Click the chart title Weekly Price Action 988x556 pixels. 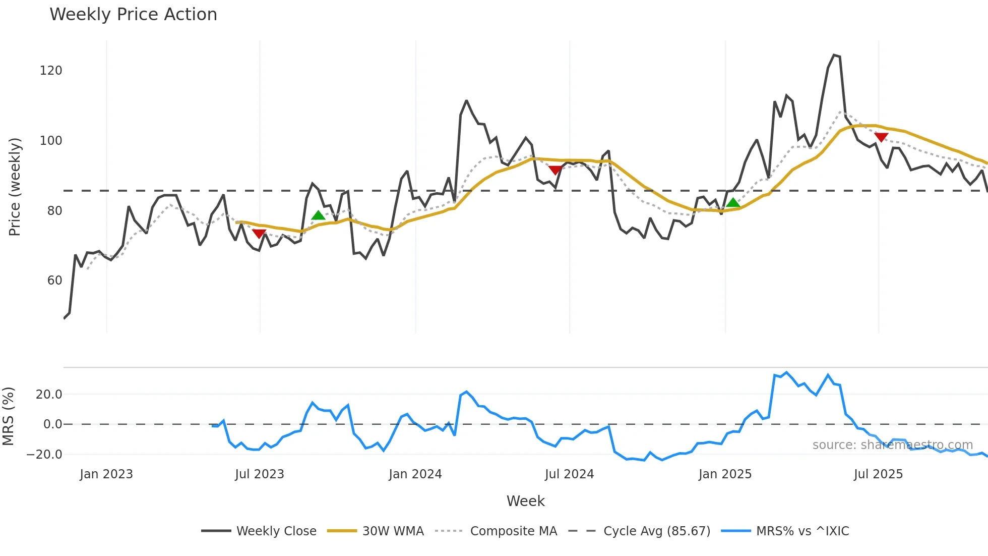pyautogui.click(x=133, y=15)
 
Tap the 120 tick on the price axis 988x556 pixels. pyautogui.click(x=51, y=71)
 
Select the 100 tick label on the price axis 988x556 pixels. pyautogui.click(x=51, y=141)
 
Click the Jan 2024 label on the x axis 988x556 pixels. pyautogui.click(x=415, y=474)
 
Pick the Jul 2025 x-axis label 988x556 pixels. pyautogui.click(x=878, y=474)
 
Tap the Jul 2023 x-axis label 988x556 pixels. pyautogui.click(x=260, y=474)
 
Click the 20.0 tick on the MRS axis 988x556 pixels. pyautogui.click(x=49, y=395)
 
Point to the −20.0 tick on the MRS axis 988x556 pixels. pyautogui.click(x=44, y=455)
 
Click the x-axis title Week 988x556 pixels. pyautogui.click(x=525, y=501)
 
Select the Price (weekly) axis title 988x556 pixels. pyautogui.click(x=15, y=187)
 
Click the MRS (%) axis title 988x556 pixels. pyautogui.click(x=9, y=416)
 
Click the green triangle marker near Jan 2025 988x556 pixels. pyautogui.click(x=733, y=203)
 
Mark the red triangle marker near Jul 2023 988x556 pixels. pyautogui.click(x=259, y=234)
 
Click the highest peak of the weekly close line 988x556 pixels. pyautogui.click(x=834, y=55)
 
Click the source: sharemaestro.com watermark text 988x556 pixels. pyautogui.click(x=892, y=445)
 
